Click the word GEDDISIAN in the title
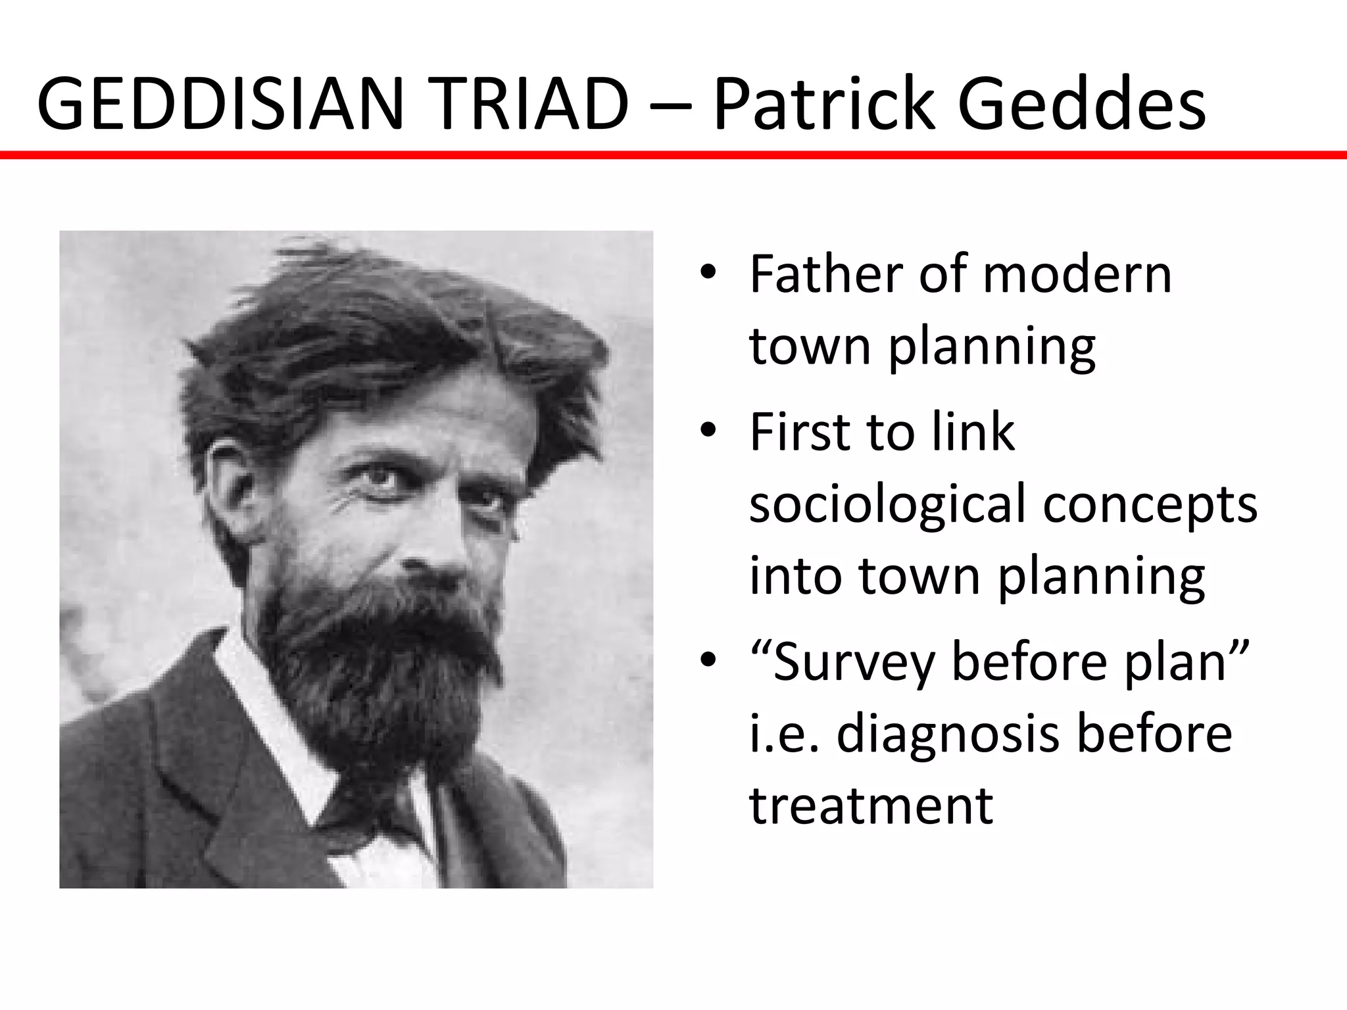218,105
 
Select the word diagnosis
948,734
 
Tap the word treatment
871,805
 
